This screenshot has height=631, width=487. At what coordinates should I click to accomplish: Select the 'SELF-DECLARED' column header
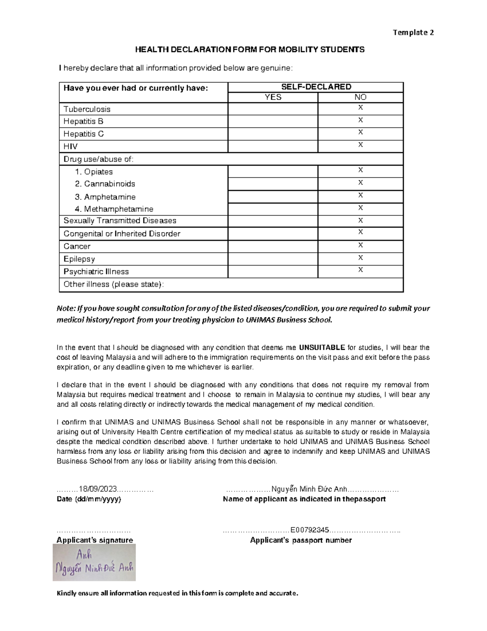316,87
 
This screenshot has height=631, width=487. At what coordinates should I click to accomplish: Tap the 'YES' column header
273,97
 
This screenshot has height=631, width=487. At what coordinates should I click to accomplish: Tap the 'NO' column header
360,97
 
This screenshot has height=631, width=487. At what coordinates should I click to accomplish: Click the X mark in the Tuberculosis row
360,108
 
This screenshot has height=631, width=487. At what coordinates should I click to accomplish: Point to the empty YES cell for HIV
273,146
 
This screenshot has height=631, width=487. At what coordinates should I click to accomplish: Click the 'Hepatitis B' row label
83,121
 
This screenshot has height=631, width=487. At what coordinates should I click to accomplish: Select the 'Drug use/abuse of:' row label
98,159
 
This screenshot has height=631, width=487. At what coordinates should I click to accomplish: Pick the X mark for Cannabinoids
360,183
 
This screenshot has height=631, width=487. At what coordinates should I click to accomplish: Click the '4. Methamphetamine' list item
114,209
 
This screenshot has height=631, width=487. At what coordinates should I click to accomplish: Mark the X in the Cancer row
360,245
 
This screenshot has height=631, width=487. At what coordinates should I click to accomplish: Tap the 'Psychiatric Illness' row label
96,271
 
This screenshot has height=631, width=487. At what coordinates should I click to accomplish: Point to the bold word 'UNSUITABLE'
322,348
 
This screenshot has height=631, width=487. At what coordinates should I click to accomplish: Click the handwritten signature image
94,562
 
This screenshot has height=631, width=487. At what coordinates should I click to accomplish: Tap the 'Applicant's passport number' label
301,540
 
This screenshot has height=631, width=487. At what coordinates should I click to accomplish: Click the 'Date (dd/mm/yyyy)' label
88,499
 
